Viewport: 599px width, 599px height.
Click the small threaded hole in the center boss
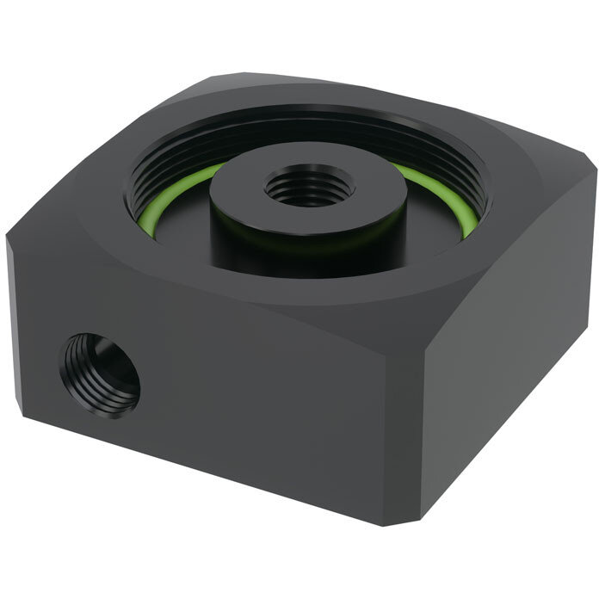[309, 186]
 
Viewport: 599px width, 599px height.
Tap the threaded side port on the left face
[101, 374]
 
